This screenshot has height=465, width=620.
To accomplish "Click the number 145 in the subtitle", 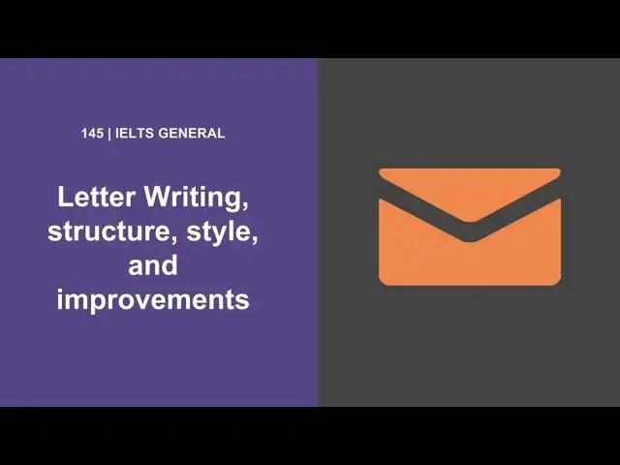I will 93,134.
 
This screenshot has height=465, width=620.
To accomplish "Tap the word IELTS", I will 133,134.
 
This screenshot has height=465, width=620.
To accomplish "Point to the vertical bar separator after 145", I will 109,134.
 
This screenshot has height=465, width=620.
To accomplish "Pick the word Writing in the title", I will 194,199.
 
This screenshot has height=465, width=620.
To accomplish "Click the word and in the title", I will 153,264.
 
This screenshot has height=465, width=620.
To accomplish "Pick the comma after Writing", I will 245,206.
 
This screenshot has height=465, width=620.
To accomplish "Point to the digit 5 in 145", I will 100,134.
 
